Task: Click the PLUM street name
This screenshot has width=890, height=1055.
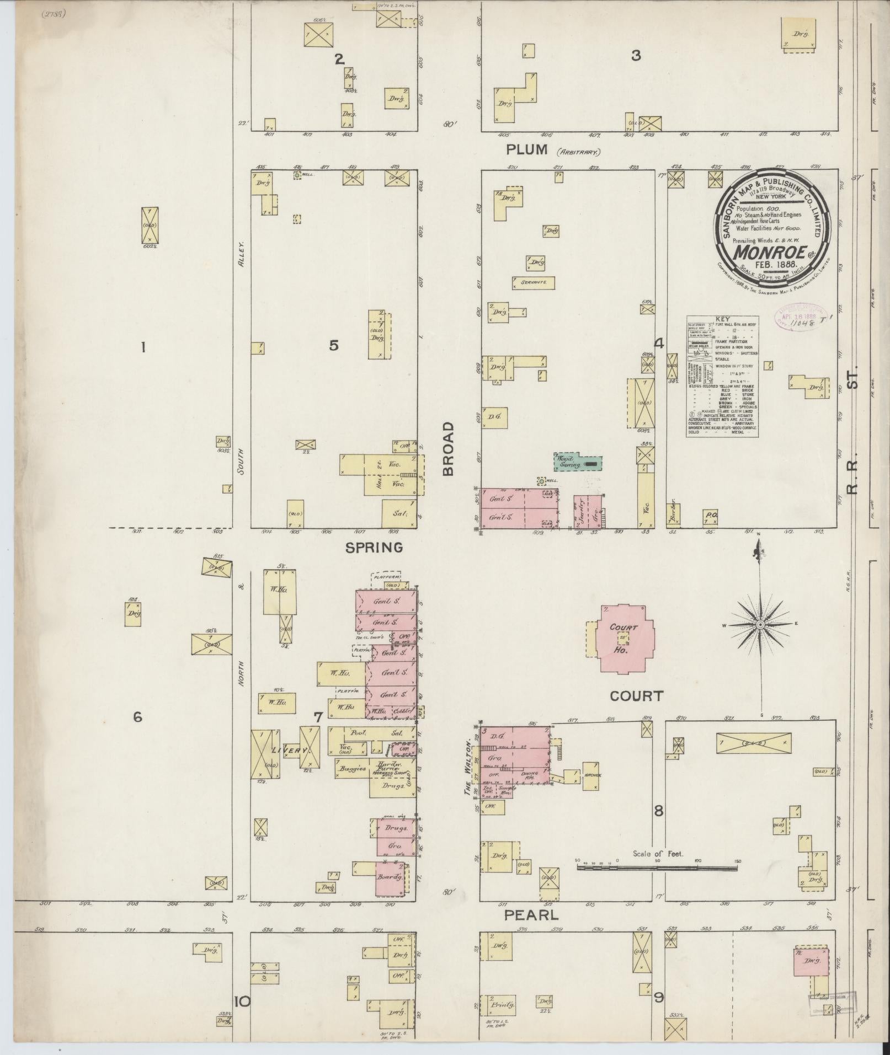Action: (527, 149)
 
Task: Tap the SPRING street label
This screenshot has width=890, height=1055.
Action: (374, 547)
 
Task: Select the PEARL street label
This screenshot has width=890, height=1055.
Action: (532, 915)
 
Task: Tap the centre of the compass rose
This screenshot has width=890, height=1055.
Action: (759, 624)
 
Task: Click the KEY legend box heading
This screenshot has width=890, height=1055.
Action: (722, 319)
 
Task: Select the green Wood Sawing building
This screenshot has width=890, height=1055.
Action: (577, 462)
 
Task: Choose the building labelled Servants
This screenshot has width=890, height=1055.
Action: (533, 282)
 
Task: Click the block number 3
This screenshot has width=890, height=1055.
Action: (636, 56)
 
